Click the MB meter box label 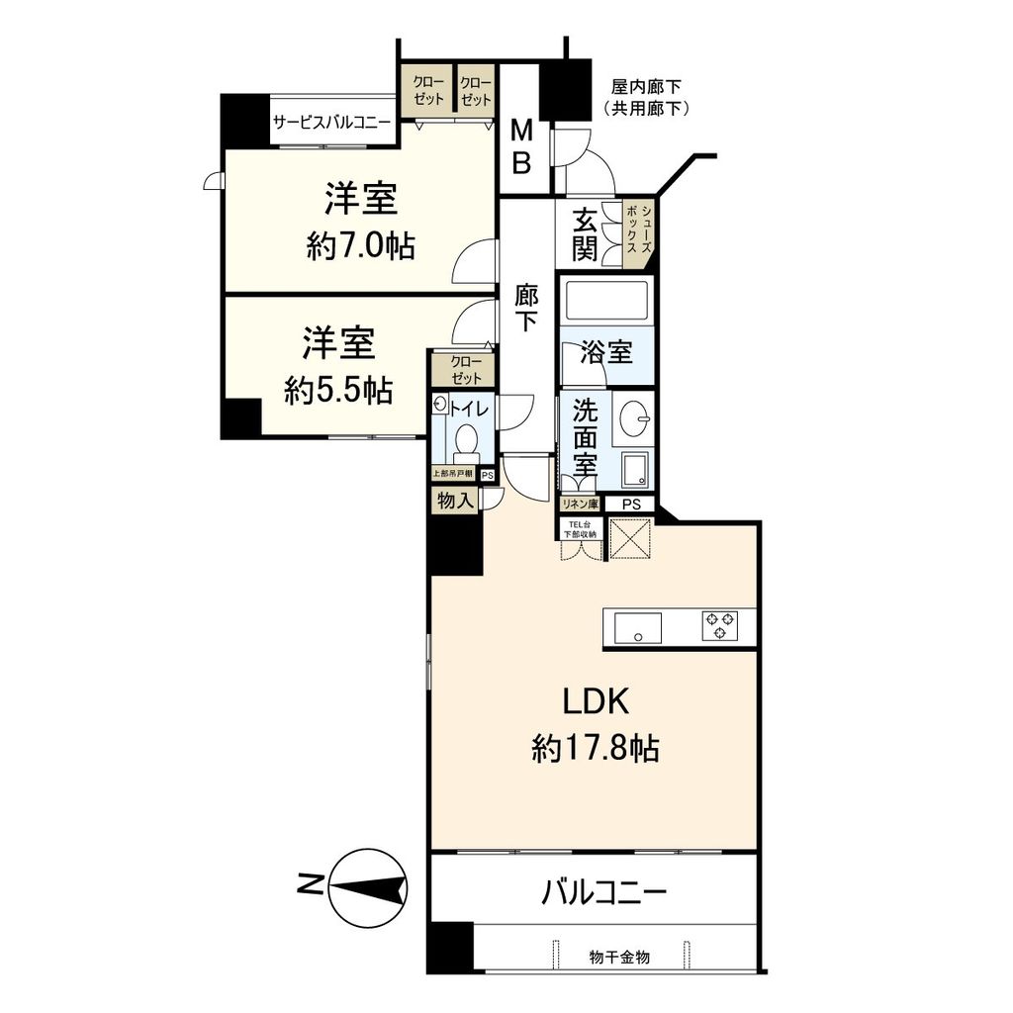tap(521, 147)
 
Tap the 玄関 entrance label tap(585, 233)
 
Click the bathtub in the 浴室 tap(606, 301)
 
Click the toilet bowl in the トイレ tap(465, 439)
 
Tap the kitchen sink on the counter tap(638, 627)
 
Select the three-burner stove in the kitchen tap(720, 626)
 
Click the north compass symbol tap(368, 887)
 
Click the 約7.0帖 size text tap(360, 246)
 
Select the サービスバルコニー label tap(331, 122)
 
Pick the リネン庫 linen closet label tap(580, 504)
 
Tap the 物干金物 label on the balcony tap(619, 958)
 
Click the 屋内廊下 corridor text tap(646, 87)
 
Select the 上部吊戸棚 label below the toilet tap(452, 474)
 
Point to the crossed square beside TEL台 tap(630, 537)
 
